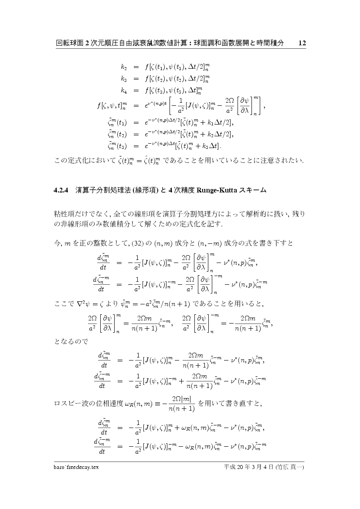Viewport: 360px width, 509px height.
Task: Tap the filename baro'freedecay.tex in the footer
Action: click(x=74, y=467)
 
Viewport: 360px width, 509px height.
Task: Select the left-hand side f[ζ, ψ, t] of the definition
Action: click(x=111, y=106)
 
